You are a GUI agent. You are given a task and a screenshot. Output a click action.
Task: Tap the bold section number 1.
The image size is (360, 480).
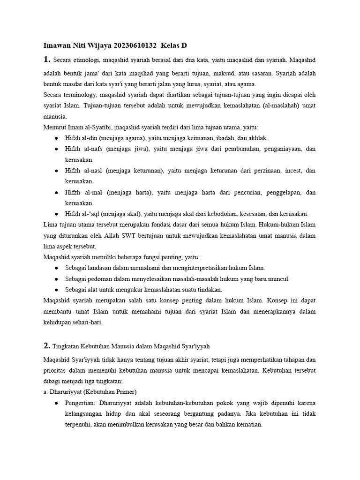click(46, 60)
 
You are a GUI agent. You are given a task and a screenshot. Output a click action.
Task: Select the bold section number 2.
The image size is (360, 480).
click(46, 346)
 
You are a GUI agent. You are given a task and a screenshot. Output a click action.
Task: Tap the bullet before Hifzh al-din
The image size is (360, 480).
click(56, 138)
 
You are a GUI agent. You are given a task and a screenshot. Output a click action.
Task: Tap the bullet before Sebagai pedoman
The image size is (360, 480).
click(56, 279)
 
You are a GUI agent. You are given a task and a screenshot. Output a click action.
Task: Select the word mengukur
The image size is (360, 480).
click(119, 290)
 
